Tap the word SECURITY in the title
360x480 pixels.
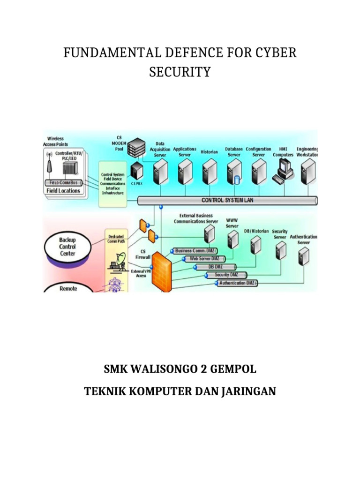(180, 72)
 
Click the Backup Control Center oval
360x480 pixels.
(67, 247)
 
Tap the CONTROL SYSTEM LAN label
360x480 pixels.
(227, 200)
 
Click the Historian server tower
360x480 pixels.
(210, 171)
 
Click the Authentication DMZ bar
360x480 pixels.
(239, 283)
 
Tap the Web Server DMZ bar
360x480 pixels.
(204, 258)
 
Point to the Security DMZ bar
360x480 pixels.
(226, 275)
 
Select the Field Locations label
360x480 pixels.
(63, 191)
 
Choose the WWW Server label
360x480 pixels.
(232, 223)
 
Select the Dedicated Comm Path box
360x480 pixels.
(116, 239)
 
